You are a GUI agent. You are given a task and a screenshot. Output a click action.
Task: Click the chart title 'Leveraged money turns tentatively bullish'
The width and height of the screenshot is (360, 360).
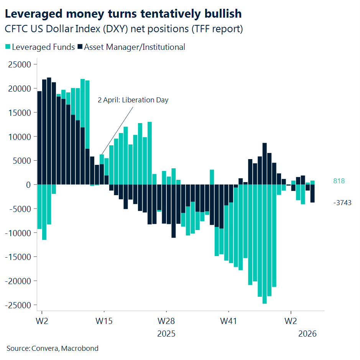tap(123, 14)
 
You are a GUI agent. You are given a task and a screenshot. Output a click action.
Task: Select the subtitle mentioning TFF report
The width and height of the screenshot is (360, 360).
tap(123, 29)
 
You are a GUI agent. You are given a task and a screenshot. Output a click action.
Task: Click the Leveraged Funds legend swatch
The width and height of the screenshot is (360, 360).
tap(8, 47)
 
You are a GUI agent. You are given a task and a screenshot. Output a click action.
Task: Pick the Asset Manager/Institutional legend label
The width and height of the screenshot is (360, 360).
tap(135, 47)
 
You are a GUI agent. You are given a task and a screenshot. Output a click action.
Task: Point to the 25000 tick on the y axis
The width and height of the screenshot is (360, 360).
tap(19, 64)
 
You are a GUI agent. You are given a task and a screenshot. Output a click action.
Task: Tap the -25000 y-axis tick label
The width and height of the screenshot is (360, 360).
tap(18, 305)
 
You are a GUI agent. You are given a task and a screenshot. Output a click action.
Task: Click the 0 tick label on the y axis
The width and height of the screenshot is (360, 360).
tap(28, 184)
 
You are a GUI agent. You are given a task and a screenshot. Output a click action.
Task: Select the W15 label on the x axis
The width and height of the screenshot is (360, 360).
tap(104, 321)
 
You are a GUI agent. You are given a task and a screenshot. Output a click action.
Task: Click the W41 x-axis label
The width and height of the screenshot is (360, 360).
tap(228, 321)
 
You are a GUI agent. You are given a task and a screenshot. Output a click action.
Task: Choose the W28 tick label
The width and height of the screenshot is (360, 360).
tap(166, 321)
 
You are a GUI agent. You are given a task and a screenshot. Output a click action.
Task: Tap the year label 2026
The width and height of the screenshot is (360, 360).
tap(307, 334)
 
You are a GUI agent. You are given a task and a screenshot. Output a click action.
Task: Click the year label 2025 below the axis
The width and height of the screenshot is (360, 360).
tap(166, 334)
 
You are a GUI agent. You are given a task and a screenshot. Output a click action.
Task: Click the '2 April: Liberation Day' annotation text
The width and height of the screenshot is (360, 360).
tap(133, 100)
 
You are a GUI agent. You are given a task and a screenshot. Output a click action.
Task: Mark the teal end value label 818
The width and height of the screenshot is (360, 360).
tap(339, 181)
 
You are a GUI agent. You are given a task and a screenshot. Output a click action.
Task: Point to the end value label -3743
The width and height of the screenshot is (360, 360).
tap(342, 203)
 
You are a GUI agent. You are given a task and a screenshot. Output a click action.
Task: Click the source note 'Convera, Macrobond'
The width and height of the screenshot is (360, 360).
tap(52, 348)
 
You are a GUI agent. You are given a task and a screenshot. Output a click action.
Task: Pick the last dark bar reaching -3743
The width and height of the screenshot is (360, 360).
tap(312, 193)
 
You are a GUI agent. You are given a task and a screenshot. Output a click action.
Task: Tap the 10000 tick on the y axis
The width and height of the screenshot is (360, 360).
tap(19, 136)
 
